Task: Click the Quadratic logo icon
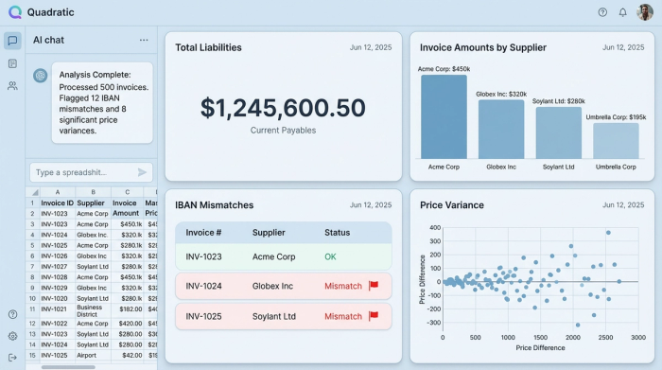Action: click(x=13, y=12)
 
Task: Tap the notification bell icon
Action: click(x=622, y=12)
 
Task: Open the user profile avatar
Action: click(x=645, y=12)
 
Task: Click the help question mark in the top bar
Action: click(x=602, y=12)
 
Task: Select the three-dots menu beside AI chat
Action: click(x=144, y=40)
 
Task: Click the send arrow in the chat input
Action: click(x=143, y=172)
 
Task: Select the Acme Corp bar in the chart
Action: click(x=444, y=115)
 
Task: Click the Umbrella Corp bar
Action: click(x=616, y=140)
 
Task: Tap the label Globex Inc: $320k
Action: click(x=501, y=95)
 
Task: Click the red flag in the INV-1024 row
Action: click(x=373, y=286)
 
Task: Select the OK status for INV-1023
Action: click(x=330, y=256)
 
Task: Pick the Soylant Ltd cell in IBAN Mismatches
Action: click(x=275, y=315)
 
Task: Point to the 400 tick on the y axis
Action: click(x=434, y=227)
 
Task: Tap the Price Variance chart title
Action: click(x=452, y=204)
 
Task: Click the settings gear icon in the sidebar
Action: click(x=12, y=336)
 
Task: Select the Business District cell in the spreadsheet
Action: click(x=90, y=311)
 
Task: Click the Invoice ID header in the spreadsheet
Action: click(x=57, y=203)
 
